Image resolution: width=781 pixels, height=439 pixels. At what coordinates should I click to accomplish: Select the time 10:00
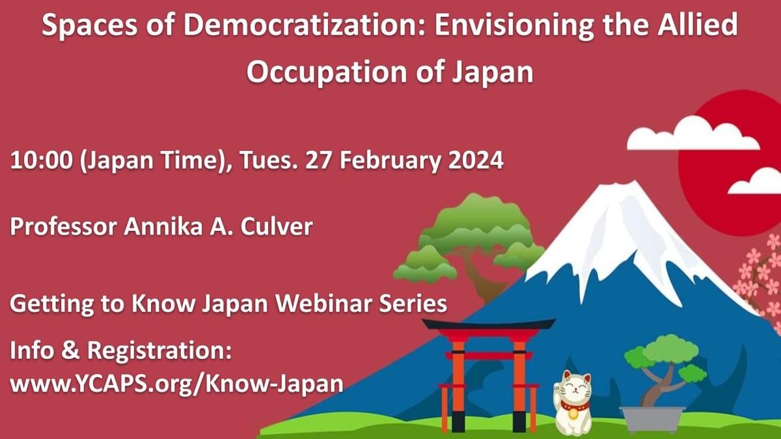41,160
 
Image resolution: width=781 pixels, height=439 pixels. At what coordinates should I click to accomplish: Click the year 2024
476,160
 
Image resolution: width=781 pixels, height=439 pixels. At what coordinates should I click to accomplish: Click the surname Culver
277,226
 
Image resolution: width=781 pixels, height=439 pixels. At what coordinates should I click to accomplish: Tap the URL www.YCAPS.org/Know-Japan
176,384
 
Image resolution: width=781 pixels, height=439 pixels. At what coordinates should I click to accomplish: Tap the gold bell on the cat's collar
573,414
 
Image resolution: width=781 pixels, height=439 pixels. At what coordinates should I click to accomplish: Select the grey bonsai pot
652,418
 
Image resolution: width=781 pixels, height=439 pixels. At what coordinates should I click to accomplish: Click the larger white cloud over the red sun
693,134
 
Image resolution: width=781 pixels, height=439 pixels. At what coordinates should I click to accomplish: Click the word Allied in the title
698,25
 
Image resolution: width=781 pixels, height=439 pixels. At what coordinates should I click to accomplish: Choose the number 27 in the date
319,160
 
